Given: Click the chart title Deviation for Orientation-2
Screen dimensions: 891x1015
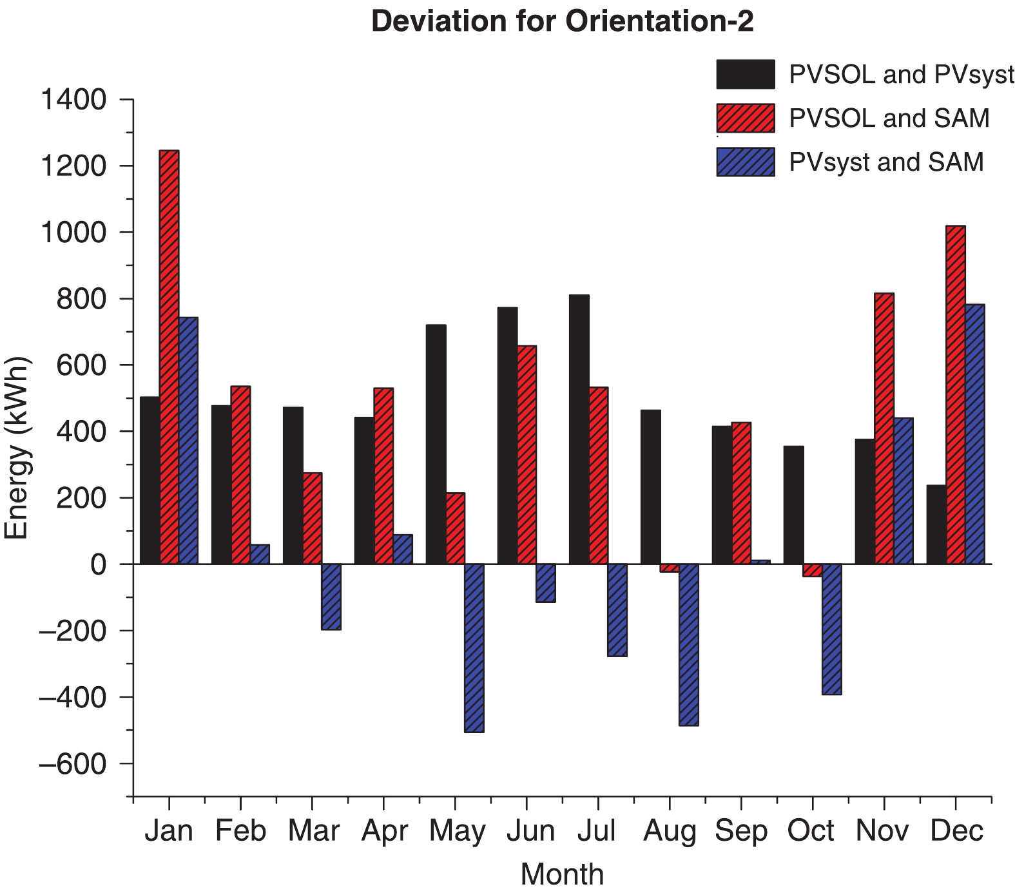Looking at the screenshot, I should pos(562,21).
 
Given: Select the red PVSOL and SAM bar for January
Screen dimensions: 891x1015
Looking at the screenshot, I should pos(169,357).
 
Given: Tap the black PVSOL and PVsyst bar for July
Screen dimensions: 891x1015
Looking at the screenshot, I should pos(579,429).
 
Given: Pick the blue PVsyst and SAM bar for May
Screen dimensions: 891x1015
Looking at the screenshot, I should pos(474,647).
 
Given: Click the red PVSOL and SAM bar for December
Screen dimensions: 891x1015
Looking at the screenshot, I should pos(955,394).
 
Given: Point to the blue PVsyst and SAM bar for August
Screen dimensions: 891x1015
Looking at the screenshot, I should pos(688,644).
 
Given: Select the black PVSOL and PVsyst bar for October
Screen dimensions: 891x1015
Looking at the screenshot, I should pos(793,504).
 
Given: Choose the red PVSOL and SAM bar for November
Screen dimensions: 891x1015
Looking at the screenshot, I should pos(884,428).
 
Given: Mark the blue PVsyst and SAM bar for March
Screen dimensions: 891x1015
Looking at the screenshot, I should pos(331,597).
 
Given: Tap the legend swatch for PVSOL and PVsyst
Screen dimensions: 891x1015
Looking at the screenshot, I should pos(745,75).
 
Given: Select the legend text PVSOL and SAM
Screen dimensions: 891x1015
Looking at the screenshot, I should pos(889,119).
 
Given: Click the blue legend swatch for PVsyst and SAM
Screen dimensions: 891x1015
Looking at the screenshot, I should pos(745,162).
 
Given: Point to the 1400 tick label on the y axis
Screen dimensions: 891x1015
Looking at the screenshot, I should pos(73,100).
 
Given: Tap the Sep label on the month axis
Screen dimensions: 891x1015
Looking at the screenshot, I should pos(741,831).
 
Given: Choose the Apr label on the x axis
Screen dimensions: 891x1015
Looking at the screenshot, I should pos(384,831).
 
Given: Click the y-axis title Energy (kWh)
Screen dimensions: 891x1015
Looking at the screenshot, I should pos(17,448).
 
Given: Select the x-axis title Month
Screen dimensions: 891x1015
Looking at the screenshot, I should pos(562,874).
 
